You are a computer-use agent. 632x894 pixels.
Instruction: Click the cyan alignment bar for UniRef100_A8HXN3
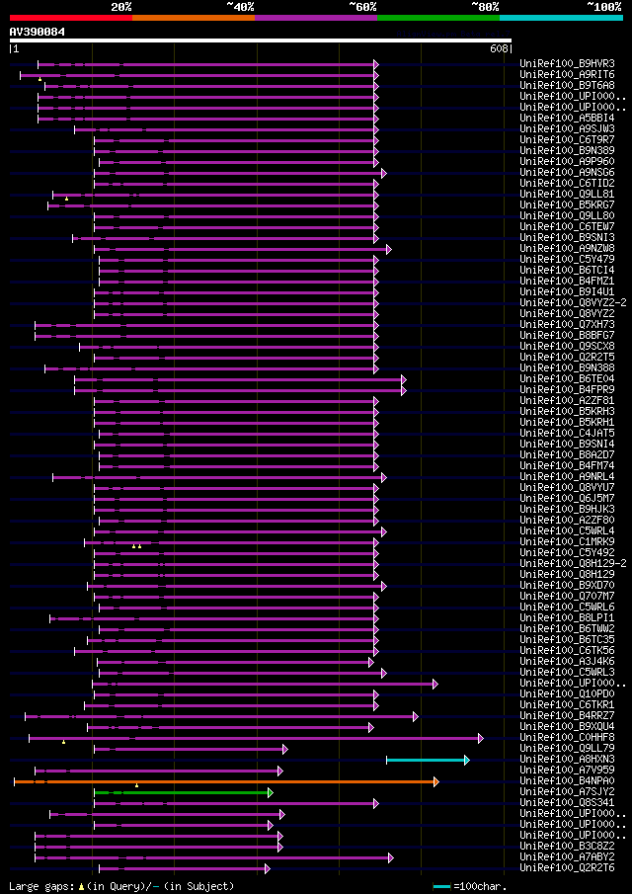pyautogui.click(x=426, y=760)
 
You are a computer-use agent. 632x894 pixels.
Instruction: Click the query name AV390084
pyautogui.click(x=38, y=32)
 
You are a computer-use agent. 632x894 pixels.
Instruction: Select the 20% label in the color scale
pyautogui.click(x=121, y=6)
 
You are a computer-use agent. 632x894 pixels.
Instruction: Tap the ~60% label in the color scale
pyautogui.click(x=362, y=6)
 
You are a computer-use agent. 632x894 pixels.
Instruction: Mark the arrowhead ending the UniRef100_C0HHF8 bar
pyautogui.click(x=481, y=738)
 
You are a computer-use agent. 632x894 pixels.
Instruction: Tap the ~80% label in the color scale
pyautogui.click(x=484, y=6)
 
